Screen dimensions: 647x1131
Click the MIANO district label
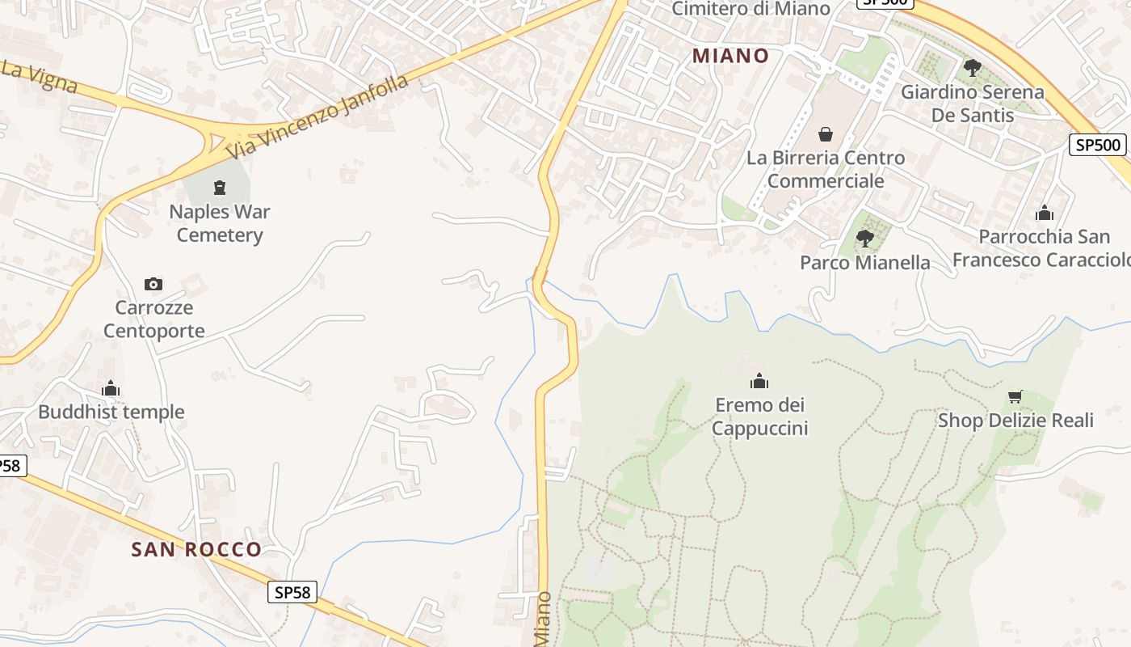point(730,56)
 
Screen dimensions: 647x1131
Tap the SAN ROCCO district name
point(196,550)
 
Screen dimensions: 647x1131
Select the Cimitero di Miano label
point(750,9)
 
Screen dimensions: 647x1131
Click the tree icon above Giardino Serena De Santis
point(972,67)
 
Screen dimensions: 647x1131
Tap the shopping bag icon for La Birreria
point(825,133)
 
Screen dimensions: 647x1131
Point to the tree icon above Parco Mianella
point(864,239)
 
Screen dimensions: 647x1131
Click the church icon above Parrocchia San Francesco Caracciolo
point(1044,213)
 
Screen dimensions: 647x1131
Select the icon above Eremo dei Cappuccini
point(759,381)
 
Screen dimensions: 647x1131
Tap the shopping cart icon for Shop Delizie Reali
point(1015,396)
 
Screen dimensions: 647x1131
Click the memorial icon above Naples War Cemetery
point(219,188)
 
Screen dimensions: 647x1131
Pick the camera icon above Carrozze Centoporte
point(153,284)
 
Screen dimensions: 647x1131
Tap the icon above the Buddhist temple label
point(111,389)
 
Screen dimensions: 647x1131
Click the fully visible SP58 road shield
point(292,592)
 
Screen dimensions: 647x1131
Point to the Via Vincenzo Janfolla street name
point(317,118)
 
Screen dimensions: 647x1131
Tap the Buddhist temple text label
point(111,412)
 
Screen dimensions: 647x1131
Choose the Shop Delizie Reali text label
point(1015,421)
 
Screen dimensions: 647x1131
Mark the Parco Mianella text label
point(864,263)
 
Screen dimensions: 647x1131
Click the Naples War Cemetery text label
point(220,223)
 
